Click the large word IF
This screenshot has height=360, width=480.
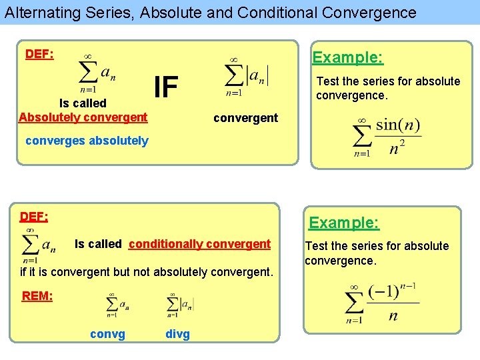[x=166, y=87]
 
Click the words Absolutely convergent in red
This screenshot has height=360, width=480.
[x=83, y=117]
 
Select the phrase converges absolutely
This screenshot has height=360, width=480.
[x=87, y=141]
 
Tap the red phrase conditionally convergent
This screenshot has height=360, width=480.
[x=199, y=244]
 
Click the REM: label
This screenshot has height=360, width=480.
[x=37, y=296]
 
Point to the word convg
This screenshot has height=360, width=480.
[x=107, y=334]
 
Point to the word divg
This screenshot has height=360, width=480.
[x=177, y=334]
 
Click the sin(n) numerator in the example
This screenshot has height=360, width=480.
[x=399, y=125]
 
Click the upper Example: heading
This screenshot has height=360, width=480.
[x=348, y=57]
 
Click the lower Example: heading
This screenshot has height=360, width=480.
[x=343, y=223]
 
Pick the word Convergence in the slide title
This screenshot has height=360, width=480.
[x=374, y=12]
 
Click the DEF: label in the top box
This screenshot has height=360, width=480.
[x=39, y=54]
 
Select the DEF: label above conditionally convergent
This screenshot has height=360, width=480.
[x=34, y=217]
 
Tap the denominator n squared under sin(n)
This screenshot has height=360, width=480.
[x=397, y=149]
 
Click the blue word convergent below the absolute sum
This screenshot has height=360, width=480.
[x=245, y=118]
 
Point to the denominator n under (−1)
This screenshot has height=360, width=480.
[x=393, y=316]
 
